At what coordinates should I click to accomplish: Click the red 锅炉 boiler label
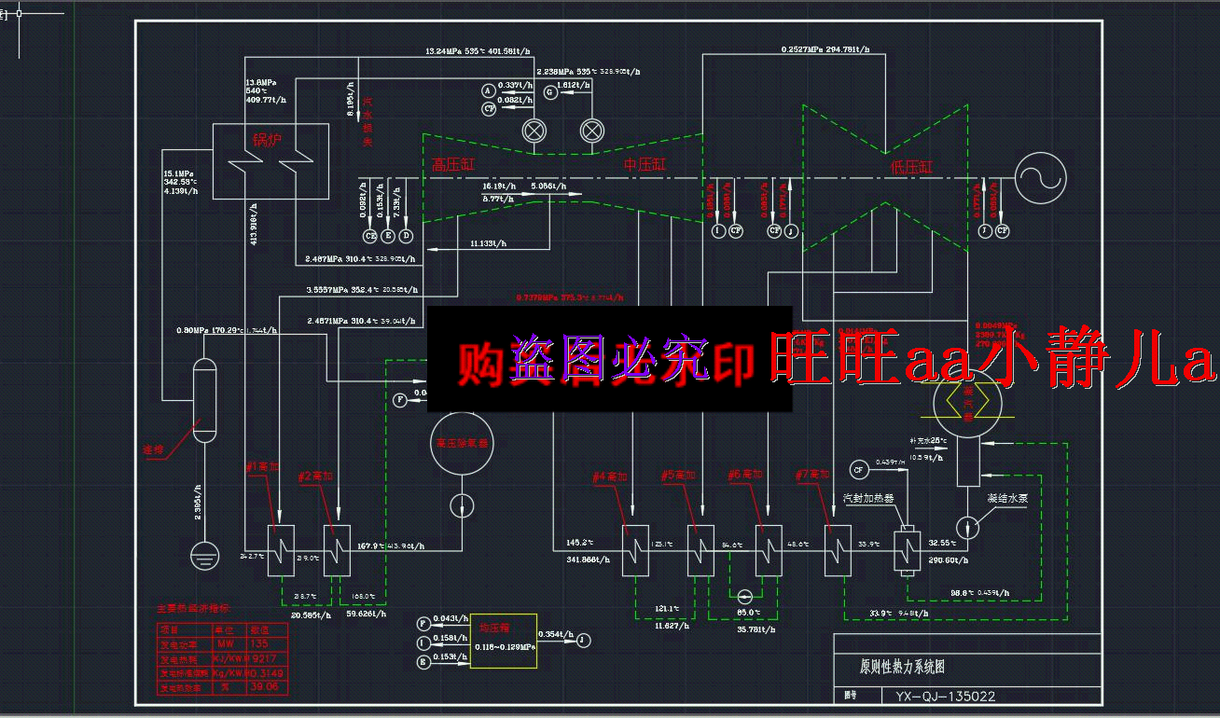point(266,141)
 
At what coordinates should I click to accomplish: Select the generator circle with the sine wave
point(1039,177)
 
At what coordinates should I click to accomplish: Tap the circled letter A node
point(486,90)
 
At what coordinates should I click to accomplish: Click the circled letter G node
point(549,91)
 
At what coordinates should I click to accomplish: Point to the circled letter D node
point(406,235)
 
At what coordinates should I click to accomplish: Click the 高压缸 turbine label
point(453,165)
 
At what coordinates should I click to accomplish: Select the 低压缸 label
point(911,168)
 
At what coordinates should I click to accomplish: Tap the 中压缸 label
point(645,165)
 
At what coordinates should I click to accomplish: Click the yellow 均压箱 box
point(503,641)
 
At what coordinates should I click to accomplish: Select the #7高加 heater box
point(839,550)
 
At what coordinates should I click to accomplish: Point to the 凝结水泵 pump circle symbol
point(969,527)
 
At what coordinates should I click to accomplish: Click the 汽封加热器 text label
point(867,499)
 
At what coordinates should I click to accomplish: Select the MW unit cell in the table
point(226,644)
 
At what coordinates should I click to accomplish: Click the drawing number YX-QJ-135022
point(944,696)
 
